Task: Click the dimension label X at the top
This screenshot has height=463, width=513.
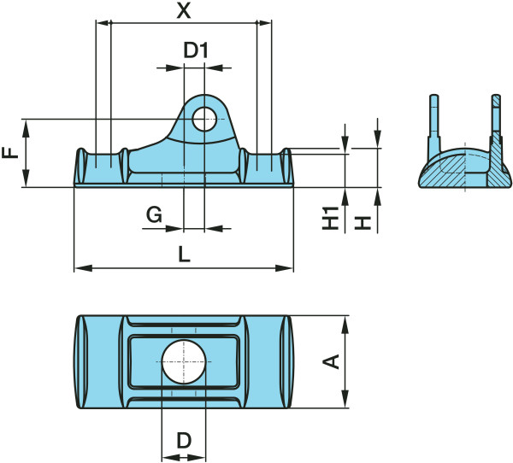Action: click(x=182, y=11)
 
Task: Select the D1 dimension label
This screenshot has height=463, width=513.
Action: click(x=197, y=50)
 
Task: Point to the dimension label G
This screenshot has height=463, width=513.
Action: click(x=154, y=214)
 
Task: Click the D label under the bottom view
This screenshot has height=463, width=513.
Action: click(x=183, y=442)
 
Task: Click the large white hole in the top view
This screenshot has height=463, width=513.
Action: click(x=182, y=361)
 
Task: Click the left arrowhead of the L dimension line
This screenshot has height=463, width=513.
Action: click(x=80, y=269)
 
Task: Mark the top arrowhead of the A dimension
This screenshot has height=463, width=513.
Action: click(x=345, y=321)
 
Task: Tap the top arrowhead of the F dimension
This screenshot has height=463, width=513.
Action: click(x=27, y=124)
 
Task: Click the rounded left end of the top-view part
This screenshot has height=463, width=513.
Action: click(x=82, y=362)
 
